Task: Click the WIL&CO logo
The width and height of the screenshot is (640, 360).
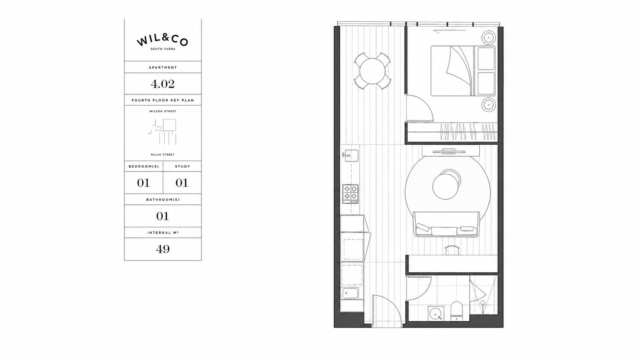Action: [163, 41]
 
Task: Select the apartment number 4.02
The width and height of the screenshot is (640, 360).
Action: [163, 84]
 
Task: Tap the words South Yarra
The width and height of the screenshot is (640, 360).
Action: [163, 49]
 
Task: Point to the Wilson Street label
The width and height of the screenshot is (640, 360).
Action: [163, 111]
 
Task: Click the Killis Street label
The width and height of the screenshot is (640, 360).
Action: [163, 155]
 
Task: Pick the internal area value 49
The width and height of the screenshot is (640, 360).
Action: [163, 249]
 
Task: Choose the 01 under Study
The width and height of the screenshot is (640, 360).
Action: [182, 183]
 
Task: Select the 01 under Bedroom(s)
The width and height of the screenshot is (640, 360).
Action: [144, 183]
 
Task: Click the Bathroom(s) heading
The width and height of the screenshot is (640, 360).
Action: [163, 199]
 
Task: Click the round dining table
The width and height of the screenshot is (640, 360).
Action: [372, 71]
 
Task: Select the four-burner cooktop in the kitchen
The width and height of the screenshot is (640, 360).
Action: [350, 194]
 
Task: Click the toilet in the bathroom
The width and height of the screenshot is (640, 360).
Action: [456, 311]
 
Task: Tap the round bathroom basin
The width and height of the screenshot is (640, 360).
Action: [436, 314]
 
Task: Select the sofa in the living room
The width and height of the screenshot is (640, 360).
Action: [446, 224]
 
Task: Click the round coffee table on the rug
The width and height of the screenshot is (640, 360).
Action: [446, 186]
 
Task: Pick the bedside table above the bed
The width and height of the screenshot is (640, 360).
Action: [488, 37]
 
